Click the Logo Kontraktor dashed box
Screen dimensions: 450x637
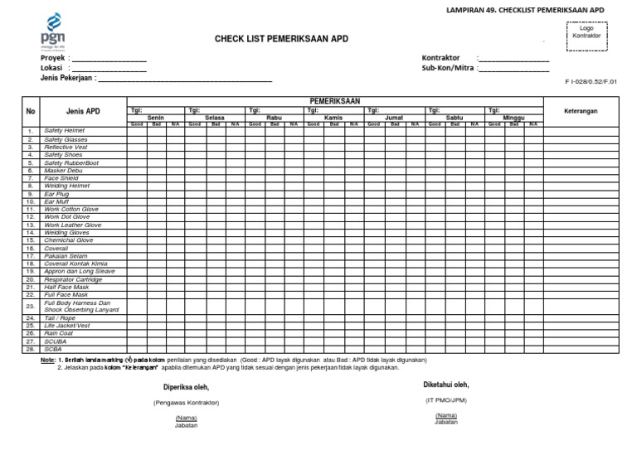click(586, 35)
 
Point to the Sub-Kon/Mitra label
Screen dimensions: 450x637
click(448, 69)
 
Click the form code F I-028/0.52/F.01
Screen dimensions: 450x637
click(591, 82)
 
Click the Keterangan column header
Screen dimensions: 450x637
click(581, 111)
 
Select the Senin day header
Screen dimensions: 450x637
click(156, 118)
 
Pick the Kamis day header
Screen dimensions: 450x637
click(333, 118)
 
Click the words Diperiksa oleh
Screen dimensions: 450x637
click(186, 387)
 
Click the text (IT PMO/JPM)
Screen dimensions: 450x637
click(447, 399)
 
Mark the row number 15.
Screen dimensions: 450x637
click(30, 240)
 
